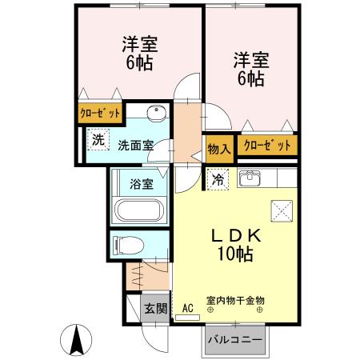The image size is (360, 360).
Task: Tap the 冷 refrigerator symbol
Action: (217, 180)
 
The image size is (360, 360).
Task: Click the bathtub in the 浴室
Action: (140, 213)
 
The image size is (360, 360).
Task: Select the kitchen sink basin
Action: (250, 178)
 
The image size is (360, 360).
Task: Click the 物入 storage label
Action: (218, 146)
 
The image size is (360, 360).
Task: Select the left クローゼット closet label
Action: (99, 114)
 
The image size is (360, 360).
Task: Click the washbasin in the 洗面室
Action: (157, 112)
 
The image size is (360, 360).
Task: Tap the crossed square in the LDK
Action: (282, 209)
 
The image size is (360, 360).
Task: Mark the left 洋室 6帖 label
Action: (138, 52)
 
